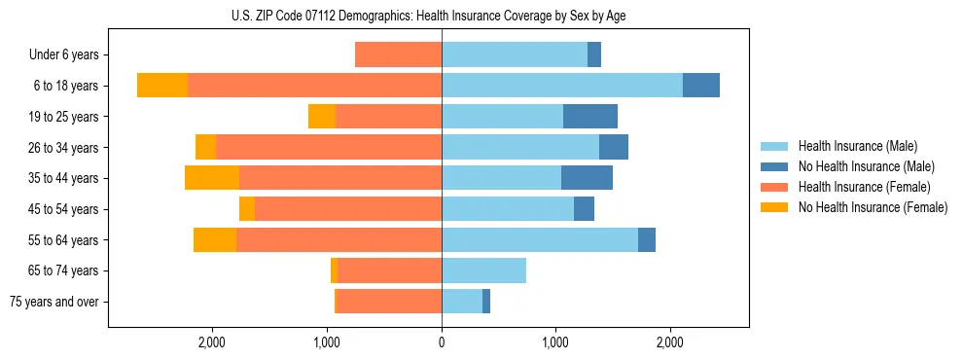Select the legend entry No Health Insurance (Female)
(873, 207)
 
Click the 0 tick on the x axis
(442, 342)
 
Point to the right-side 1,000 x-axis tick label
(555, 342)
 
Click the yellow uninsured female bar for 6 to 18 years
(162, 86)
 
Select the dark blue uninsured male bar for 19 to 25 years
(590, 117)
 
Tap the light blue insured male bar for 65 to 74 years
(483, 270)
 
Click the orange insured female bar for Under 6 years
(398, 54)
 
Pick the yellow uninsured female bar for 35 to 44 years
(212, 178)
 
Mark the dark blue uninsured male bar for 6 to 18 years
(701, 86)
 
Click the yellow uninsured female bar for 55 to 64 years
(215, 240)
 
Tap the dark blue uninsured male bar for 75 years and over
(486, 302)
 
